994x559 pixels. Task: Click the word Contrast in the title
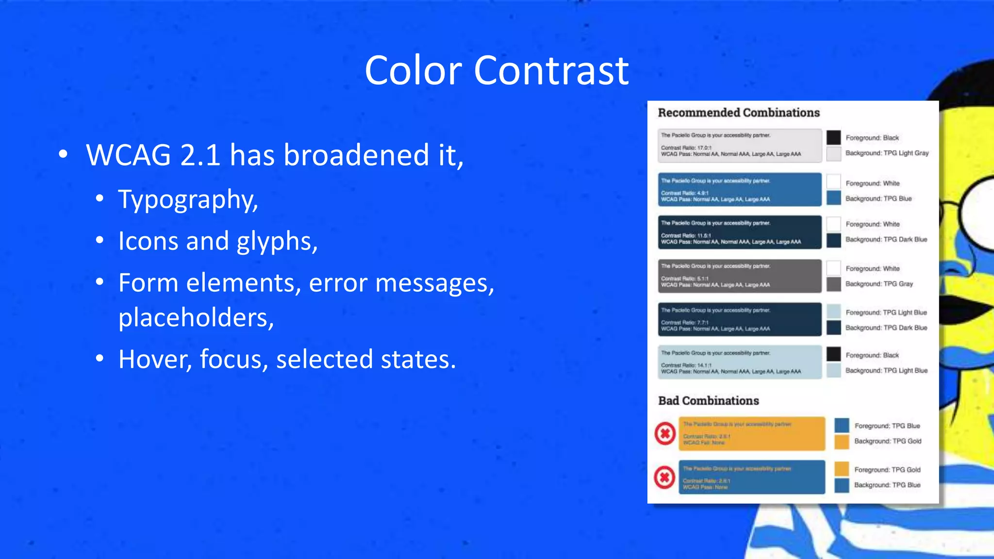pyautogui.click(x=551, y=70)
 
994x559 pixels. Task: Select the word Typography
pyautogui.click(x=188, y=199)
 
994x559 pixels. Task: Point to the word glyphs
pyautogui.click(x=277, y=241)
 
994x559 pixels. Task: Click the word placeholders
pyautogui.click(x=196, y=318)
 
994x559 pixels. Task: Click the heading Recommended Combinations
pyautogui.click(x=738, y=113)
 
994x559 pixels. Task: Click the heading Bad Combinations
pyautogui.click(x=708, y=401)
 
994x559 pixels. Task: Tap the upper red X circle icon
pyautogui.click(x=665, y=433)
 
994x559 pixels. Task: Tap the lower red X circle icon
pyautogui.click(x=664, y=477)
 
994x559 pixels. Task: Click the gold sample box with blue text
pyautogui.click(x=751, y=433)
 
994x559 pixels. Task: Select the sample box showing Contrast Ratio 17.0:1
pyautogui.click(x=739, y=145)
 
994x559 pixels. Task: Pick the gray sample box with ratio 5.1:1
pyautogui.click(x=739, y=276)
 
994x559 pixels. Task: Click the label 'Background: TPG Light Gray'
pyautogui.click(x=887, y=153)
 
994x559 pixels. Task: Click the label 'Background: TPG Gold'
pyautogui.click(x=887, y=441)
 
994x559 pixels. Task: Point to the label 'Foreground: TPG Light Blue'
pyautogui.click(x=886, y=312)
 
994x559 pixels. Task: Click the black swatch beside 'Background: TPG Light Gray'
pyautogui.click(x=833, y=137)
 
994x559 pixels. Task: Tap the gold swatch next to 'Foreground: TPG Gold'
pyautogui.click(x=842, y=469)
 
